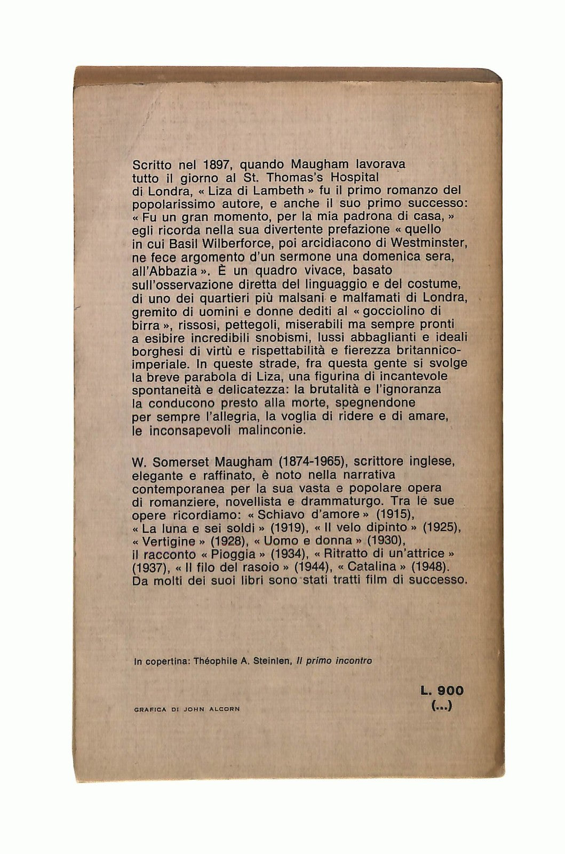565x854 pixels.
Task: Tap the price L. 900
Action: (x=442, y=691)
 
